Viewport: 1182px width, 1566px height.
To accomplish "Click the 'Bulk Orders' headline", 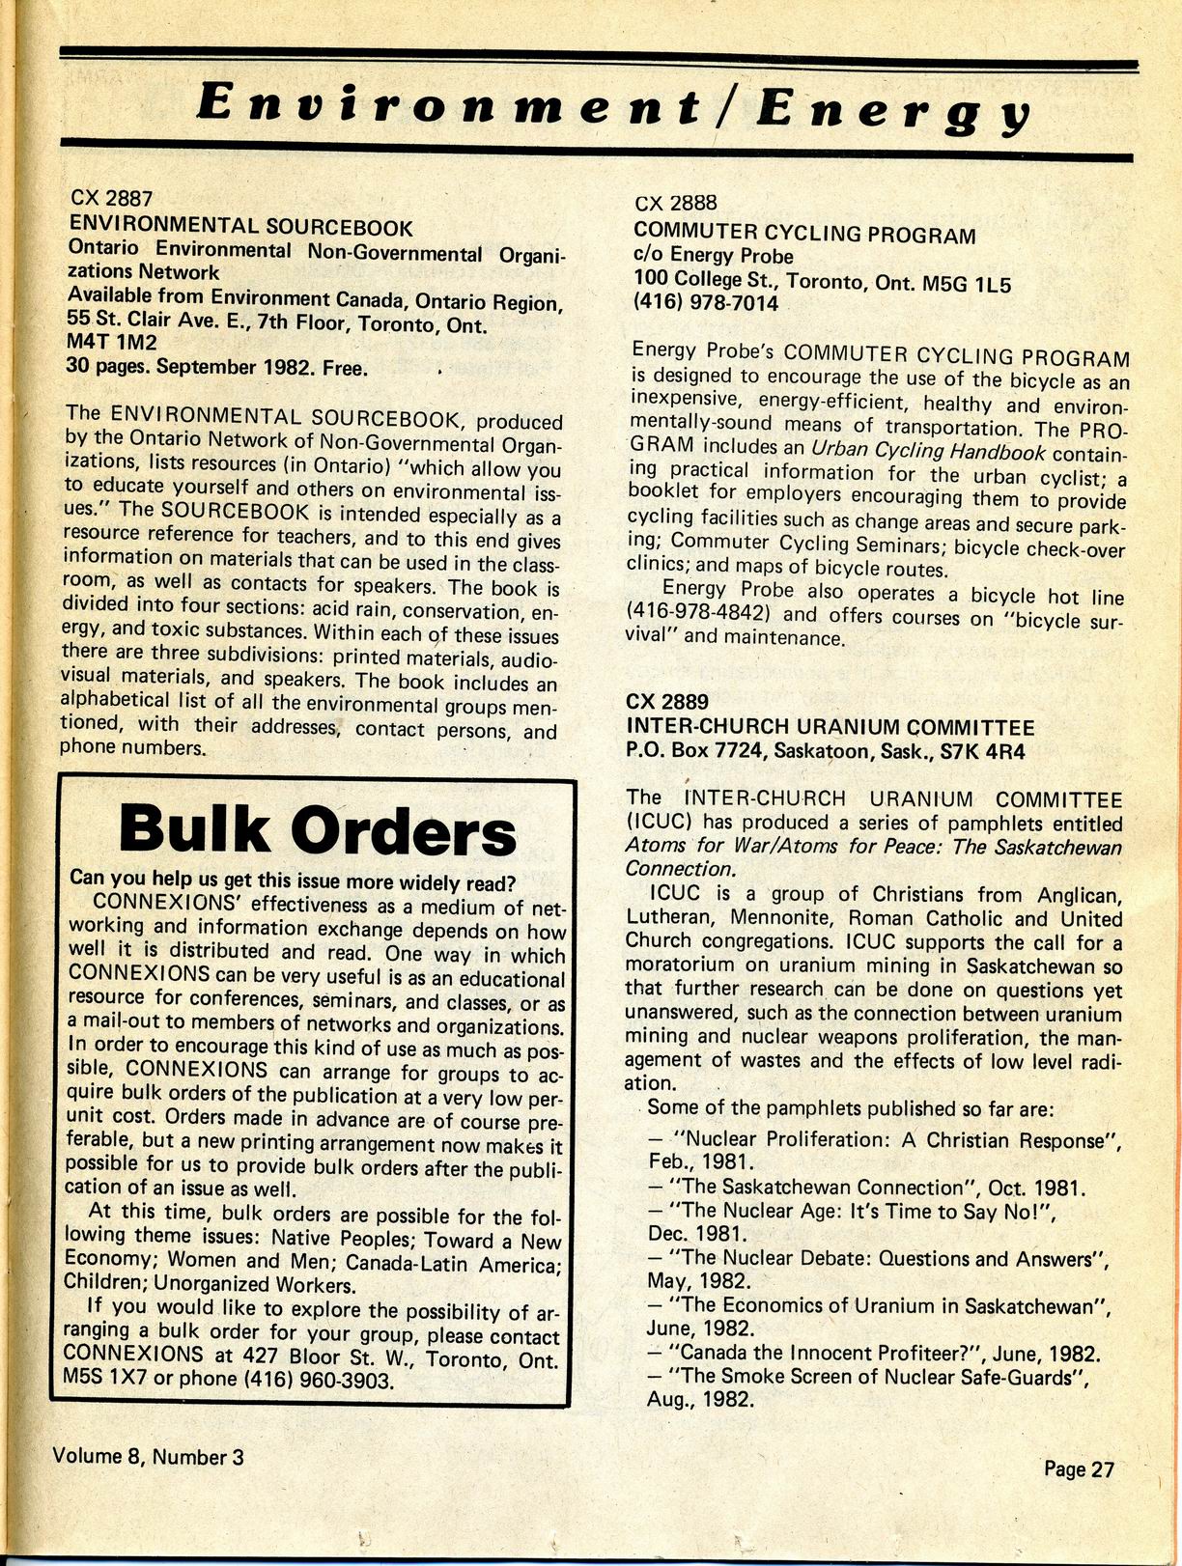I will click(317, 829).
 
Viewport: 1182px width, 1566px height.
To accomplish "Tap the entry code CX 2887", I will click(111, 199).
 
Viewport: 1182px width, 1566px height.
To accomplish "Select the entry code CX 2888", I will click(676, 203).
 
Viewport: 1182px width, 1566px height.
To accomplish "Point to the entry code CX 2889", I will click(667, 702).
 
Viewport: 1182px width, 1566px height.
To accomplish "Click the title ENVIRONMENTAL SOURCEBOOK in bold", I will click(240, 227).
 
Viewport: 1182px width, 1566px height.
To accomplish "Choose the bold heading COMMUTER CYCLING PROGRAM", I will click(804, 235).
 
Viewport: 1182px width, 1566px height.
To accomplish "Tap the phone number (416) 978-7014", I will click(706, 303).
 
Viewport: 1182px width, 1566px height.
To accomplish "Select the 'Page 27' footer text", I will click(1079, 1469).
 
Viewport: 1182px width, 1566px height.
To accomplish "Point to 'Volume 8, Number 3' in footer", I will click(149, 1456).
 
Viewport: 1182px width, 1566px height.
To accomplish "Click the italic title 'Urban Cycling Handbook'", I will click(928, 450).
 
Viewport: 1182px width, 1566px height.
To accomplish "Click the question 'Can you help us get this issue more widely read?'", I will click(293, 882).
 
